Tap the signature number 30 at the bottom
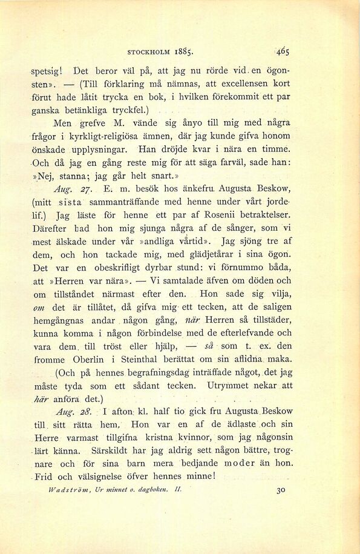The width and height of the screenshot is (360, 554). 281,492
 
